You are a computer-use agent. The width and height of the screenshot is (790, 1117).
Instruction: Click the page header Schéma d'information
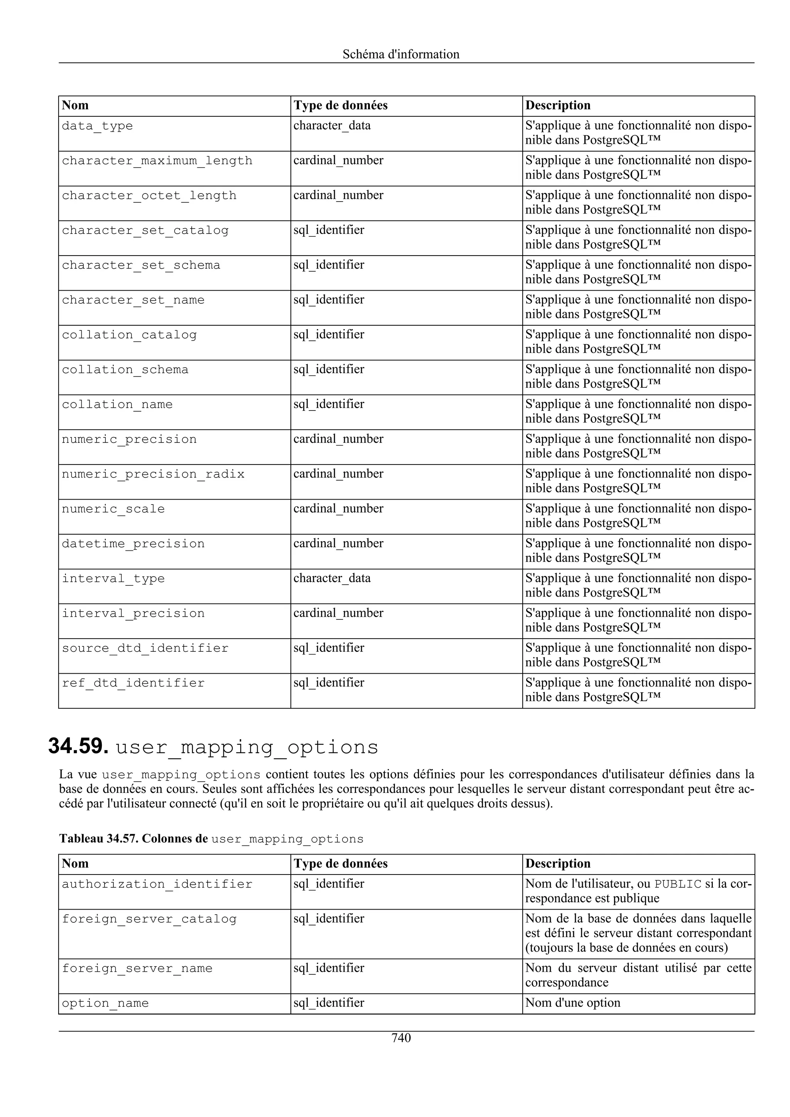point(401,54)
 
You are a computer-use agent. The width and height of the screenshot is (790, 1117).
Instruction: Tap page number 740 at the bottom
point(401,1038)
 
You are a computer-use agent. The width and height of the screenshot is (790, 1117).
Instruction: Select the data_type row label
point(97,126)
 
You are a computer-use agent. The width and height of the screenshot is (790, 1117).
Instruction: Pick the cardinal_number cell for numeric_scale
point(338,509)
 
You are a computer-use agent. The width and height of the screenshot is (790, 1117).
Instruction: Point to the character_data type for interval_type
point(332,579)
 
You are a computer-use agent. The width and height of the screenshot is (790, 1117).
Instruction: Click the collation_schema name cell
point(125,370)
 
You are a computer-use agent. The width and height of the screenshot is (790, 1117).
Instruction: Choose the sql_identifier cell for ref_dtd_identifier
point(329,683)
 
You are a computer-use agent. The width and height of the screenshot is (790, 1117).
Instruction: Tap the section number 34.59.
point(78,747)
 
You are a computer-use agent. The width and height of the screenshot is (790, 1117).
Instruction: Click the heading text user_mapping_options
point(247,748)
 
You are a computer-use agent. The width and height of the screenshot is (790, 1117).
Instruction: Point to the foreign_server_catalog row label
point(149,919)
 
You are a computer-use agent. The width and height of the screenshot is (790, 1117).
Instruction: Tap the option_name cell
point(105,1003)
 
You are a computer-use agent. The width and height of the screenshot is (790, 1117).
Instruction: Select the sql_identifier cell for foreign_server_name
point(329,968)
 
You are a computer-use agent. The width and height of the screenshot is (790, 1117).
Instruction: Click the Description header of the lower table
point(558,863)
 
